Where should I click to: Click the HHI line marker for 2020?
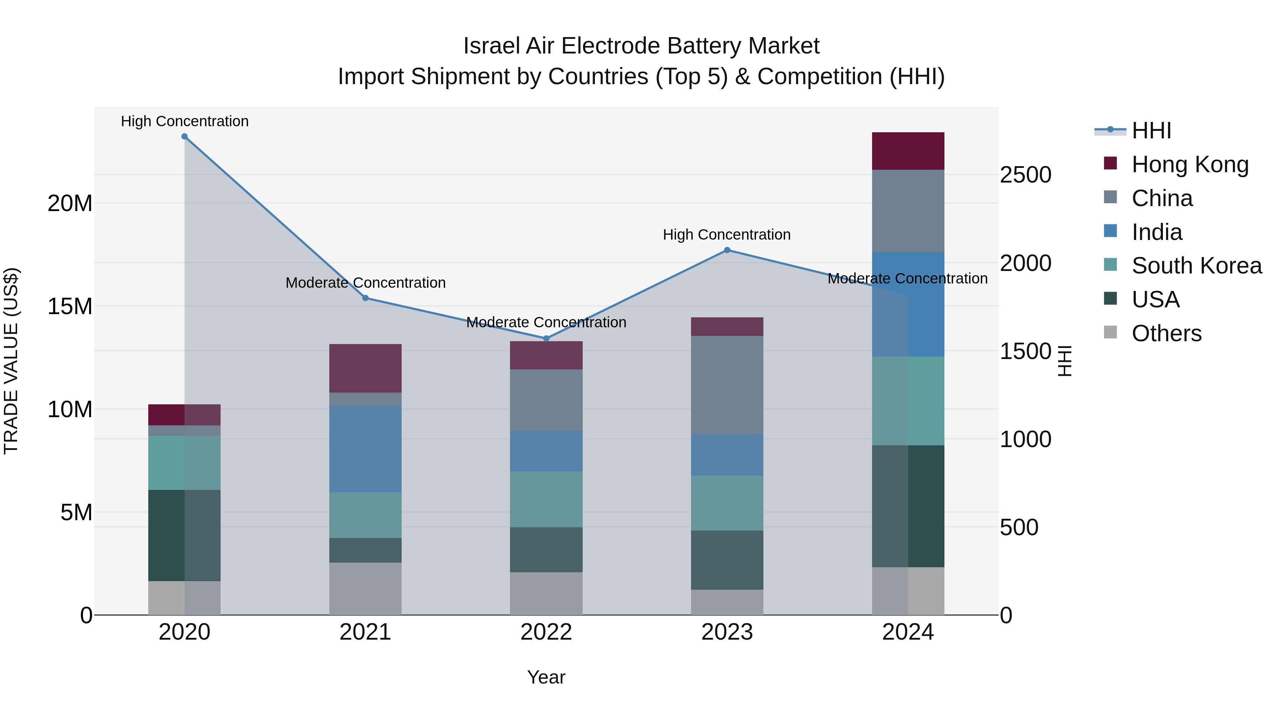(184, 137)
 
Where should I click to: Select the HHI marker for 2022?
(546, 338)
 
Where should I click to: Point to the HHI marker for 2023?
(727, 250)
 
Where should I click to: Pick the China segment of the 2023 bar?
(727, 385)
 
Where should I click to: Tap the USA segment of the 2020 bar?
(184, 535)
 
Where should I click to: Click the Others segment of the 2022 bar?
(546, 593)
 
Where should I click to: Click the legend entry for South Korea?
(1196, 266)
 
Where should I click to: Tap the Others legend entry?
(1166, 333)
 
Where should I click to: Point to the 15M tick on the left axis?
(70, 306)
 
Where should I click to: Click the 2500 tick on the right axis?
(1025, 175)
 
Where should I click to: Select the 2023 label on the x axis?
(727, 632)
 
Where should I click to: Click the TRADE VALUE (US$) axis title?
(11, 361)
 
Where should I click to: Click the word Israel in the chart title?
(493, 46)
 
